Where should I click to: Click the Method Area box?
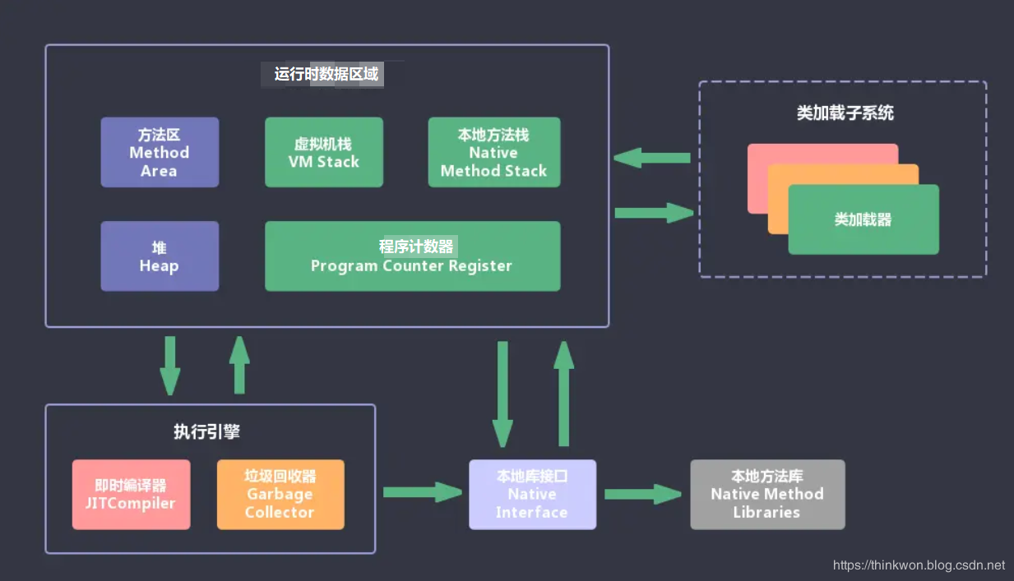click(x=160, y=152)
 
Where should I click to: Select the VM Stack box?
click(x=323, y=152)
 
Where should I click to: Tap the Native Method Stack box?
click(x=493, y=152)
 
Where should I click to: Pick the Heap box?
click(x=160, y=256)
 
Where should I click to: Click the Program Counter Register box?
click(x=412, y=256)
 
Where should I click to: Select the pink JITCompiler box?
click(x=131, y=494)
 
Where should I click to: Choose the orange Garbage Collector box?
click(x=280, y=494)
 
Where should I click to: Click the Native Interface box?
click(x=532, y=494)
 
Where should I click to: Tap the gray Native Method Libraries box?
click(x=766, y=494)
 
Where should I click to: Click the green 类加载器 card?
click(x=863, y=219)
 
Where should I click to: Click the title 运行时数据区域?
click(x=326, y=74)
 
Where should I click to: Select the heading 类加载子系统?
click(x=845, y=113)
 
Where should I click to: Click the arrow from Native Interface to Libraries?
click(x=643, y=494)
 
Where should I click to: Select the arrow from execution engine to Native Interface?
click(x=422, y=492)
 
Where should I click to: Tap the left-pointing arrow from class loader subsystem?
click(x=651, y=158)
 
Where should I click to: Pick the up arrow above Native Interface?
click(x=563, y=393)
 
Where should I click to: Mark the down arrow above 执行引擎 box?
click(x=170, y=365)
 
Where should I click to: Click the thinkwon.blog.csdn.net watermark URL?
click(x=918, y=565)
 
